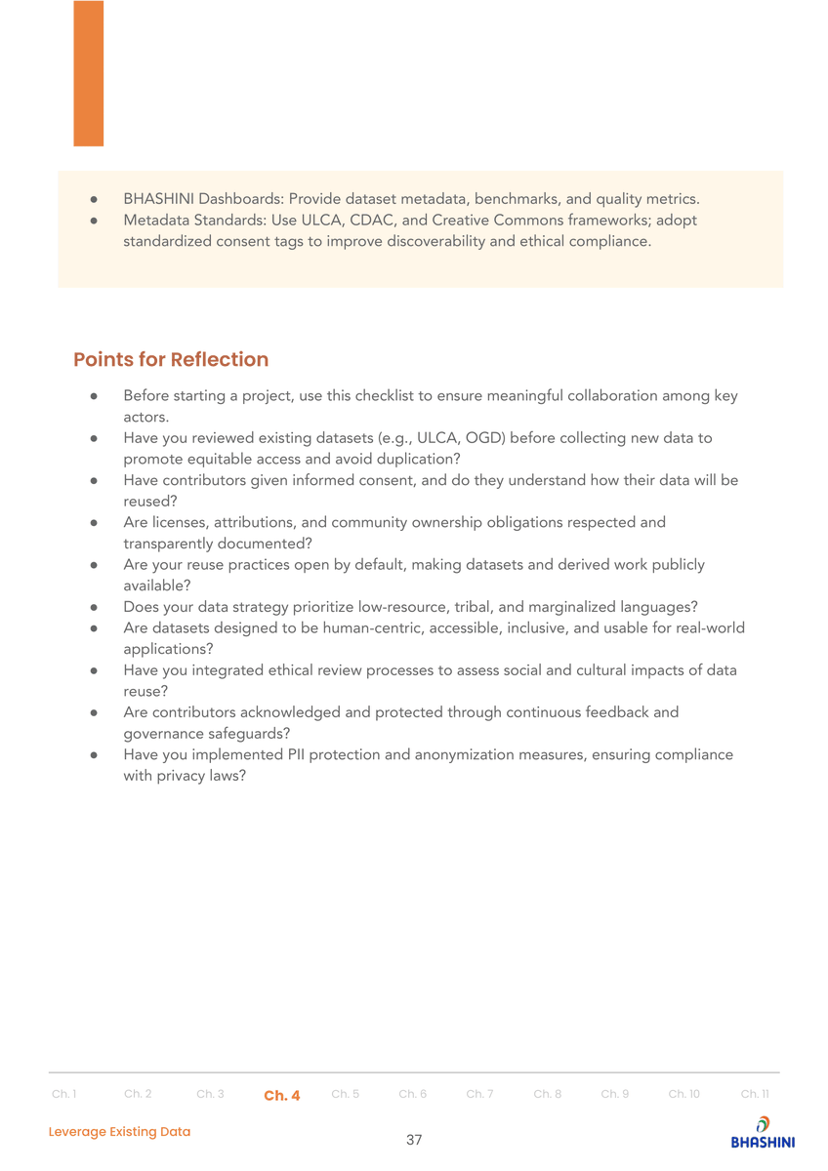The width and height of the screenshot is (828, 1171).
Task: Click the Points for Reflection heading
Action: click(171, 359)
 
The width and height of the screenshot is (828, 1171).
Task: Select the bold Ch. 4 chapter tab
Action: click(282, 1095)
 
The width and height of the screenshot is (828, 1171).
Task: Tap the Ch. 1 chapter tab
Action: click(64, 1094)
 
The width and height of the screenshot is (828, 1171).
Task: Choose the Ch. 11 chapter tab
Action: click(755, 1094)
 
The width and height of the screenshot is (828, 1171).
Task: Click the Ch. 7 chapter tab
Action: click(479, 1094)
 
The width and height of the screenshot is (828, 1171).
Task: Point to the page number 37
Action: click(414, 1140)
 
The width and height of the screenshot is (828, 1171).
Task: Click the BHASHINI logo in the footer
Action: click(762, 1133)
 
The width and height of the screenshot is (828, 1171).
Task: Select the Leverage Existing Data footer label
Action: click(120, 1131)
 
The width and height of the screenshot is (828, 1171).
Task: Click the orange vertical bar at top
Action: click(88, 73)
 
